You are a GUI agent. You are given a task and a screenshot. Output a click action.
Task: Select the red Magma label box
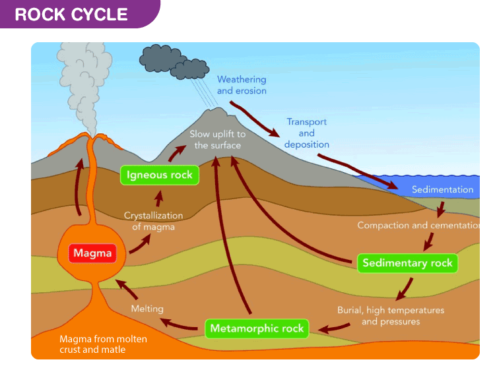[x=93, y=253]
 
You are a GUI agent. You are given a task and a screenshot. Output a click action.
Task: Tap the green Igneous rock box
[x=160, y=175]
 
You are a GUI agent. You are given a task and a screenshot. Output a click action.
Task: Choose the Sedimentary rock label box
[x=407, y=263]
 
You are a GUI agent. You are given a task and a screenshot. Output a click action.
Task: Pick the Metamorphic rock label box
[x=256, y=328]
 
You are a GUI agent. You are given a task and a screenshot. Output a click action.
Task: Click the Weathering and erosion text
[x=242, y=85]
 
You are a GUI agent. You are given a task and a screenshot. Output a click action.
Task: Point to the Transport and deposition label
[x=306, y=133]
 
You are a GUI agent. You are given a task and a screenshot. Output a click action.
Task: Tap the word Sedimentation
[x=442, y=190]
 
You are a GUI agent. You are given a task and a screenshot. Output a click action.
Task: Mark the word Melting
[x=147, y=308]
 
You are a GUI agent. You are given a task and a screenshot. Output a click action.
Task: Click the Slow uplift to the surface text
[x=217, y=139]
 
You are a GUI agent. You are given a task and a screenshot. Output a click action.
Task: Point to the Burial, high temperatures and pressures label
[x=391, y=315]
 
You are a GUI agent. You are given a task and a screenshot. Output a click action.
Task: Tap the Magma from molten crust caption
[x=103, y=344]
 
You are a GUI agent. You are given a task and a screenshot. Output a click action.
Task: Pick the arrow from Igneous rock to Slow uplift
[x=176, y=154]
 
